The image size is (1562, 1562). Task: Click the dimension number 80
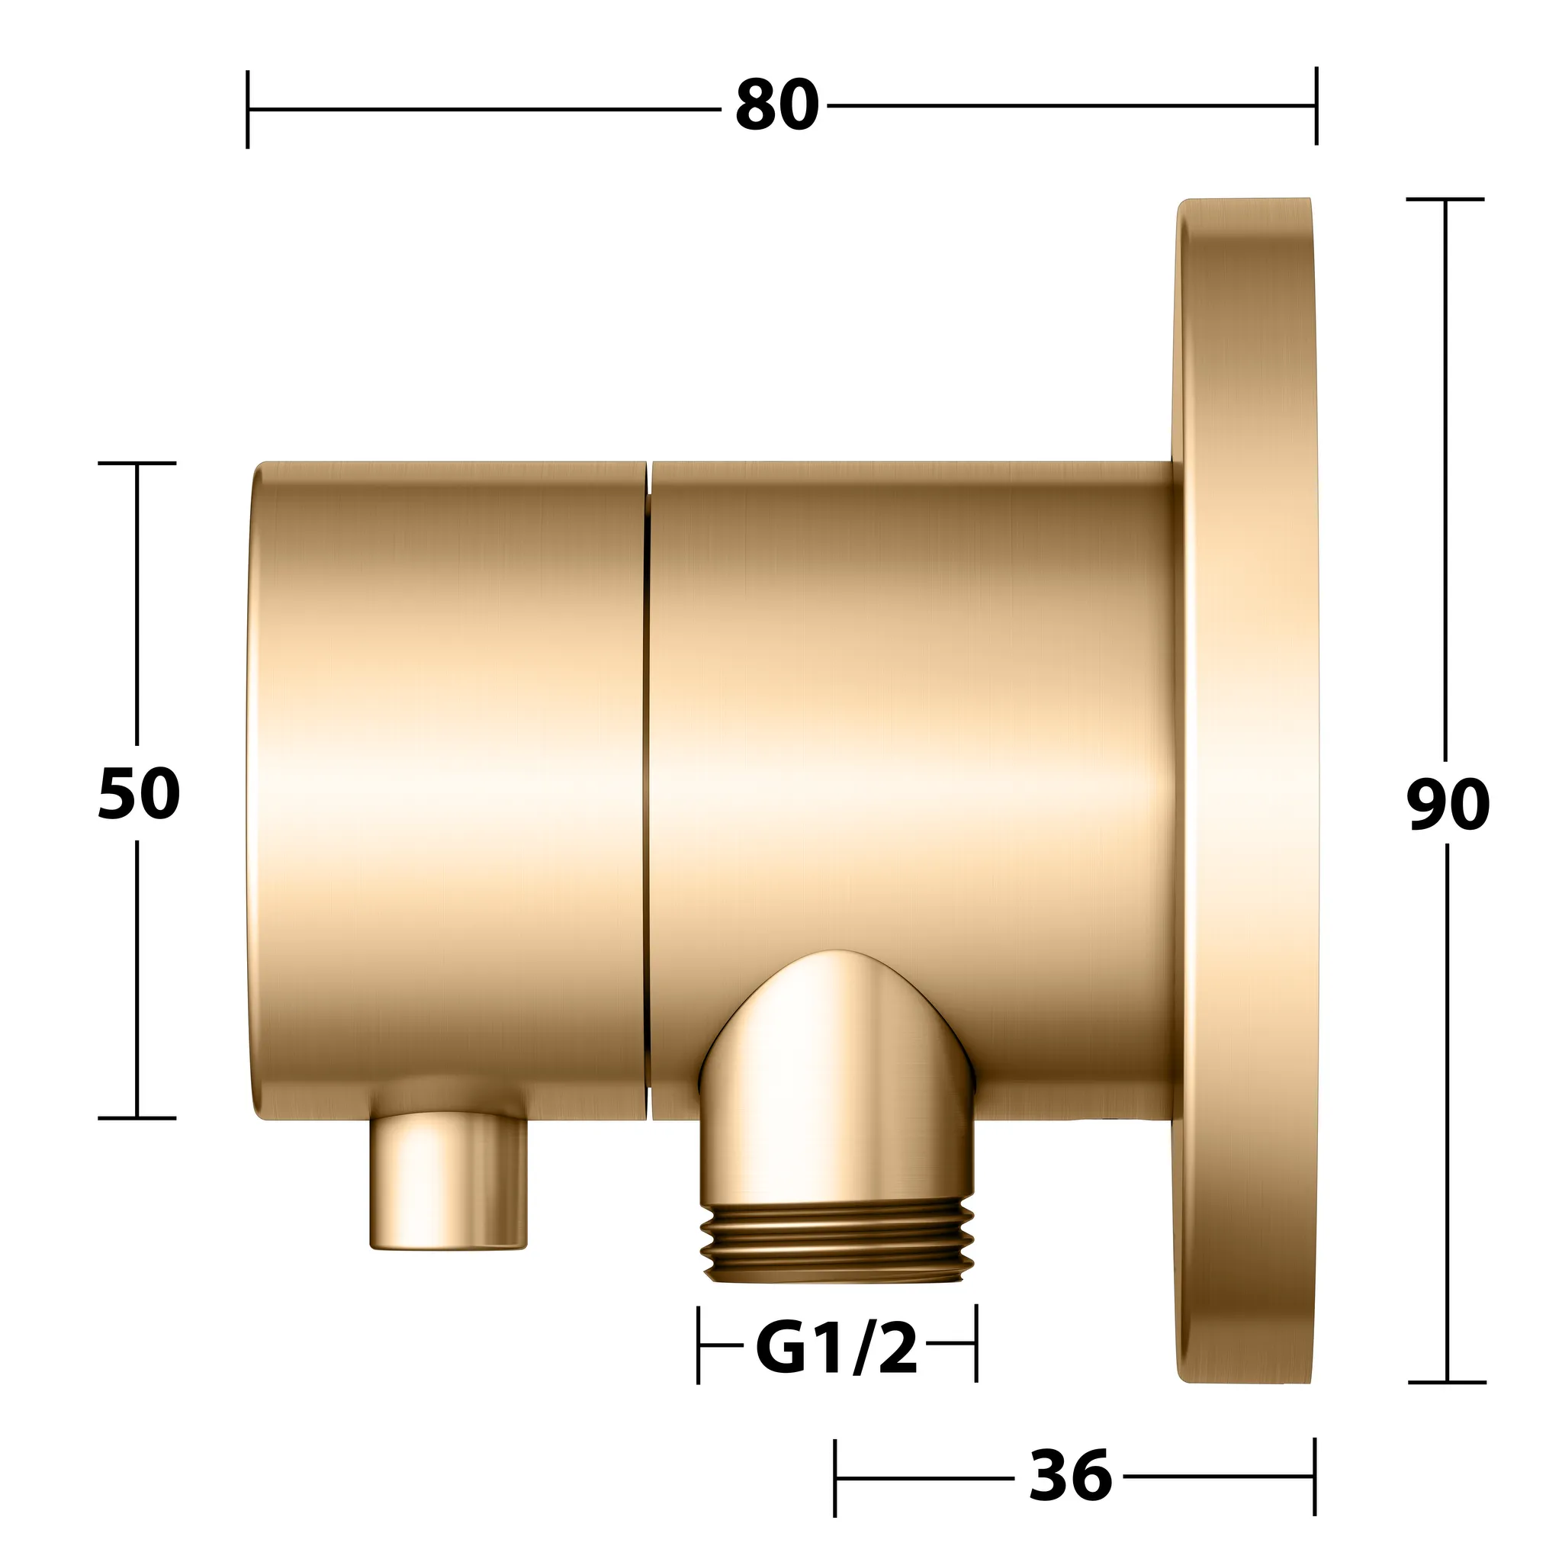pyautogui.click(x=777, y=107)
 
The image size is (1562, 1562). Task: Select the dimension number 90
pyautogui.click(x=1447, y=805)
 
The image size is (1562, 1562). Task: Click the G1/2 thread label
pyautogui.click(x=837, y=1346)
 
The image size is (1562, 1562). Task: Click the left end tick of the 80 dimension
pyautogui.click(x=247, y=109)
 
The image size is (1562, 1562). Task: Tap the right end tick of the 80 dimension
pyautogui.click(x=1316, y=106)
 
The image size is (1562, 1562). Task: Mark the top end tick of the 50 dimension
pyautogui.click(x=137, y=463)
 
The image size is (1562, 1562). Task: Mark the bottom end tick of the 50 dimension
pyautogui.click(x=137, y=1118)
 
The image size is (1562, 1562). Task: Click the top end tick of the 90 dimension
pyautogui.click(x=1445, y=199)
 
